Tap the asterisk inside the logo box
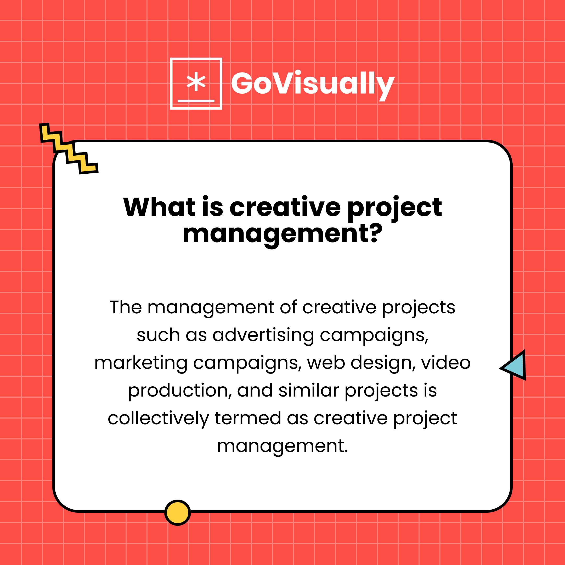(196, 82)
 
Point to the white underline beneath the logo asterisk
(196, 101)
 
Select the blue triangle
(516, 366)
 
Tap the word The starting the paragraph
(126, 307)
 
